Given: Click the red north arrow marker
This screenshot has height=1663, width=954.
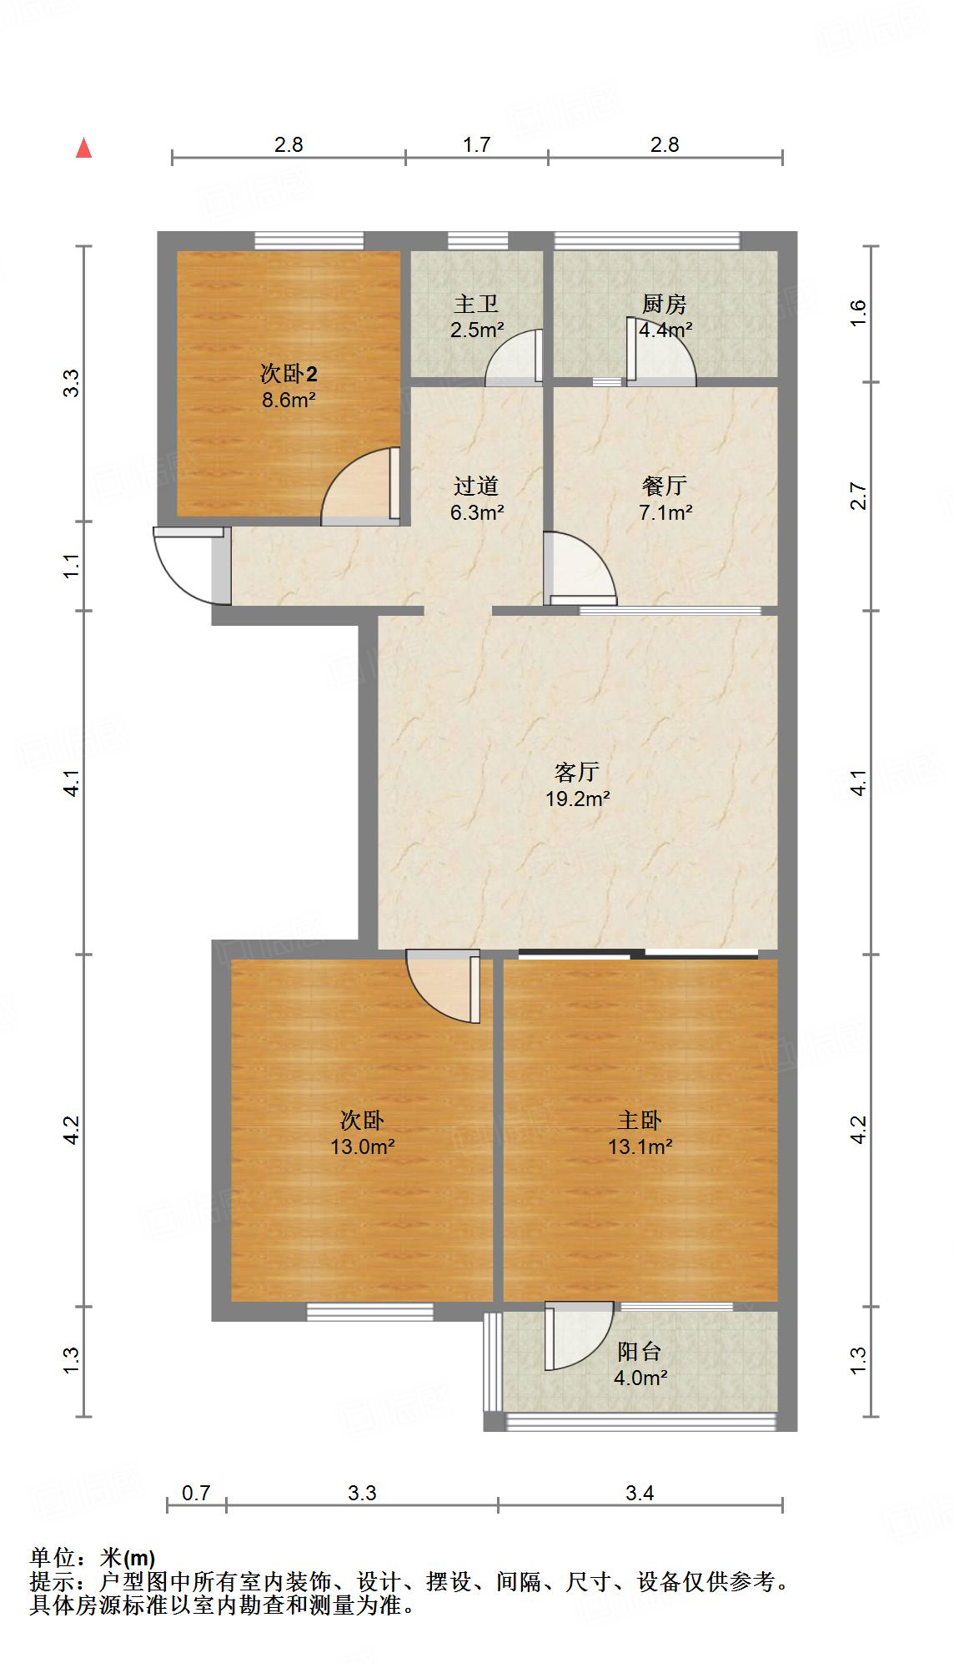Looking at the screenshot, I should [x=83, y=148].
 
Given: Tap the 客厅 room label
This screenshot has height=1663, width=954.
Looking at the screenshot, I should [x=577, y=772].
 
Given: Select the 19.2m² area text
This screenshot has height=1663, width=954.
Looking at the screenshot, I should [x=577, y=799].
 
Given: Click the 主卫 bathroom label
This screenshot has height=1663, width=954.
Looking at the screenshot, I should [x=476, y=304].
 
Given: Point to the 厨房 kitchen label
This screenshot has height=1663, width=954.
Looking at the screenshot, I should [x=665, y=304].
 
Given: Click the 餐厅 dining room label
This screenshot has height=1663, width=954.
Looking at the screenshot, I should [x=665, y=486].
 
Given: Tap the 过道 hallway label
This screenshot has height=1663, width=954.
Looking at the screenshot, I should [x=476, y=486].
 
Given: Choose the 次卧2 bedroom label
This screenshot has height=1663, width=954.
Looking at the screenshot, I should [x=289, y=373].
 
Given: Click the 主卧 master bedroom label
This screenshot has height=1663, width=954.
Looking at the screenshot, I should [x=640, y=1119].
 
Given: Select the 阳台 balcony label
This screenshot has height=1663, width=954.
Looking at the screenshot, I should [x=640, y=1351].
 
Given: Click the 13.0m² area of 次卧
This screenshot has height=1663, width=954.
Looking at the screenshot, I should [x=362, y=1147].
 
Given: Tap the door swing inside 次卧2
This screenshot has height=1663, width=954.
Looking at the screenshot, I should [x=357, y=488].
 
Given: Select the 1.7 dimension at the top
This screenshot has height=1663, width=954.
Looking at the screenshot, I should [x=476, y=144].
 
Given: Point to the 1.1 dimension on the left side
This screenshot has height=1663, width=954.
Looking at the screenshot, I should [x=72, y=567].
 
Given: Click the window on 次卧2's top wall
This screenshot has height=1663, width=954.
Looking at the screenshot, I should [x=309, y=241].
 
